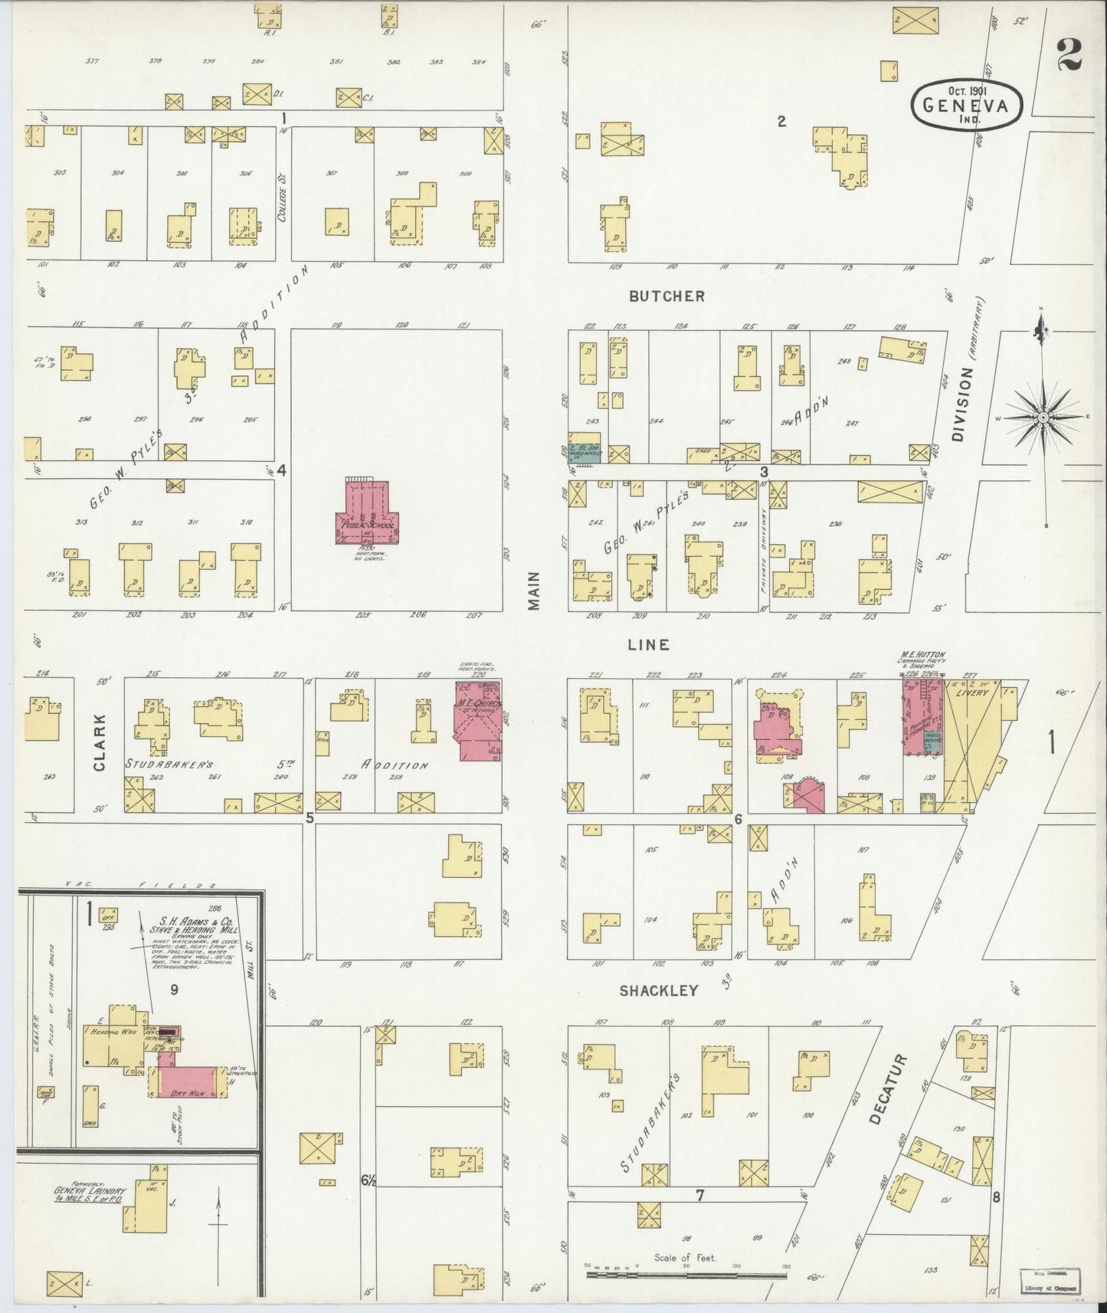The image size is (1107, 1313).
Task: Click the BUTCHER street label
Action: [x=664, y=296]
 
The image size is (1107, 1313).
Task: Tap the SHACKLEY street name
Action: [x=659, y=990]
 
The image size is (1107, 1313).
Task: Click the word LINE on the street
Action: [x=648, y=644]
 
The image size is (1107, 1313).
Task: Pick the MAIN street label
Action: [x=534, y=591]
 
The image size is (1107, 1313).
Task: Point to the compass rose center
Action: [x=1043, y=417]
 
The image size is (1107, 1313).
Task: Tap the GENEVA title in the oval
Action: [x=968, y=108]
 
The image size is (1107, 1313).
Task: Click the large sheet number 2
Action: [x=1069, y=54]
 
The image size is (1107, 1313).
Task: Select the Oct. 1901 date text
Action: [x=968, y=89]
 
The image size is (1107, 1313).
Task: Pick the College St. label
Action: [x=282, y=198]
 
